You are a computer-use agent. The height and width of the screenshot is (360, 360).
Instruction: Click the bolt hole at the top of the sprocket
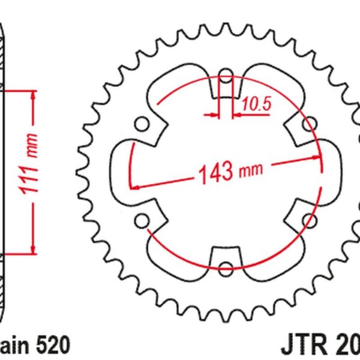tap(226, 76)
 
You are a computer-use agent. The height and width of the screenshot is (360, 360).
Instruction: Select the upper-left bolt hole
tap(142, 124)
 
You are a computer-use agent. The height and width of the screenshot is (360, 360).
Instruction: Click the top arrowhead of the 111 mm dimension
tap(32, 94)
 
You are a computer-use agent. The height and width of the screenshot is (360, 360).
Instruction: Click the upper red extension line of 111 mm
tap(18, 89)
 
